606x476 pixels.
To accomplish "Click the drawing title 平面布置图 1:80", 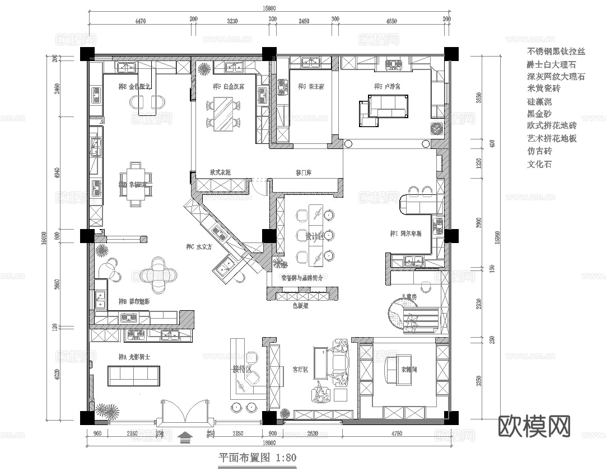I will pos(257,458).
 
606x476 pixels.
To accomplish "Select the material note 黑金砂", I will pos(539,114).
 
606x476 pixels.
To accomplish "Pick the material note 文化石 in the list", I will pos(539,165).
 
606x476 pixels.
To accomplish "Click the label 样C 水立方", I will pos(199,246).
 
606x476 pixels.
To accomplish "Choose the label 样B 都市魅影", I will pos(134,301).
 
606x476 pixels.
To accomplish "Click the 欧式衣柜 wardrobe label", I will pos(220,173).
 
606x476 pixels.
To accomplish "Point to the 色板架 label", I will pos(301,306).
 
